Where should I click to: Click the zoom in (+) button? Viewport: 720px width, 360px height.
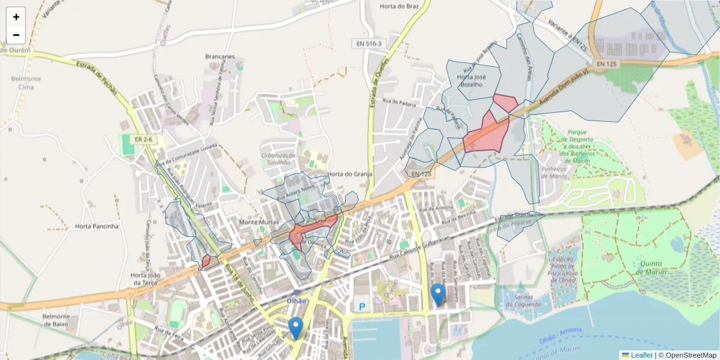pyautogui.click(x=16, y=17)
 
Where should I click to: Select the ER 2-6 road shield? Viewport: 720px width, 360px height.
pyautogui.click(x=143, y=139)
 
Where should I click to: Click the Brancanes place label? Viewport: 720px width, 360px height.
pyautogui.click(x=220, y=57)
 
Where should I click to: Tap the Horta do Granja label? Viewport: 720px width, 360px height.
pyautogui.click(x=350, y=174)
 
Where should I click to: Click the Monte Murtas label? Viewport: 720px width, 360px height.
pyautogui.click(x=259, y=222)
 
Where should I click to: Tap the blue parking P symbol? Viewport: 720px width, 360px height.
pyautogui.click(x=362, y=307)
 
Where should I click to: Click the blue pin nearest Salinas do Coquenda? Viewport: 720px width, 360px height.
pyautogui.click(x=439, y=294)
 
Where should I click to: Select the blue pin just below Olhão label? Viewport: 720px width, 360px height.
pyautogui.click(x=295, y=328)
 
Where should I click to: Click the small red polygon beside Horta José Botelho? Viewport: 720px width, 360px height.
pyautogui.click(x=505, y=103)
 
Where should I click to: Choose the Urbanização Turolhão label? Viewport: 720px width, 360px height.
pyautogui.click(x=275, y=158)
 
